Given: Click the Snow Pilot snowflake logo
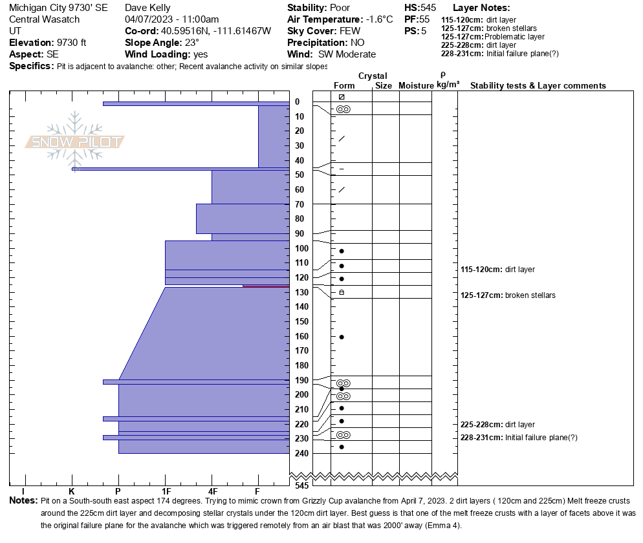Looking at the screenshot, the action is point(74,142).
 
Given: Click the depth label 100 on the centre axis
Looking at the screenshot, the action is point(301,248).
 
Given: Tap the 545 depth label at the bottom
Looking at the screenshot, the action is point(301,485).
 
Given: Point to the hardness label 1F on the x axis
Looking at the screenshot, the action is point(166,491).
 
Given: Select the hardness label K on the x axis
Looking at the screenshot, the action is point(72,491).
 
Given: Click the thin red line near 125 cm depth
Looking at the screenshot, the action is point(266,286).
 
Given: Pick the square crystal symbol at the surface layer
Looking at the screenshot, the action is point(342,97).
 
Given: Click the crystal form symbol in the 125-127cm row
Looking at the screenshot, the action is point(342,292).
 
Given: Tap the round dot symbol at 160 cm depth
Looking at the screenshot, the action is point(342,337).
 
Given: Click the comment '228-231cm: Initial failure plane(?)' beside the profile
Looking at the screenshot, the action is point(519,438).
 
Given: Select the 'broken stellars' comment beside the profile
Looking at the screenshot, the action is point(530,295).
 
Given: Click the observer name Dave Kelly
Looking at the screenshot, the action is point(147,8).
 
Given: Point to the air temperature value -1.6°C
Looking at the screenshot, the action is point(379,19).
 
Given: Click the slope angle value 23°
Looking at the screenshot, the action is point(191,43).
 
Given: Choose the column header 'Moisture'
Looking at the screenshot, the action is point(416,85).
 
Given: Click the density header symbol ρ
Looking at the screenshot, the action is point(443,76).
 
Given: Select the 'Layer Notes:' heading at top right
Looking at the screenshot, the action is point(481,8).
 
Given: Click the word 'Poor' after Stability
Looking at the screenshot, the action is point(340,8).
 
